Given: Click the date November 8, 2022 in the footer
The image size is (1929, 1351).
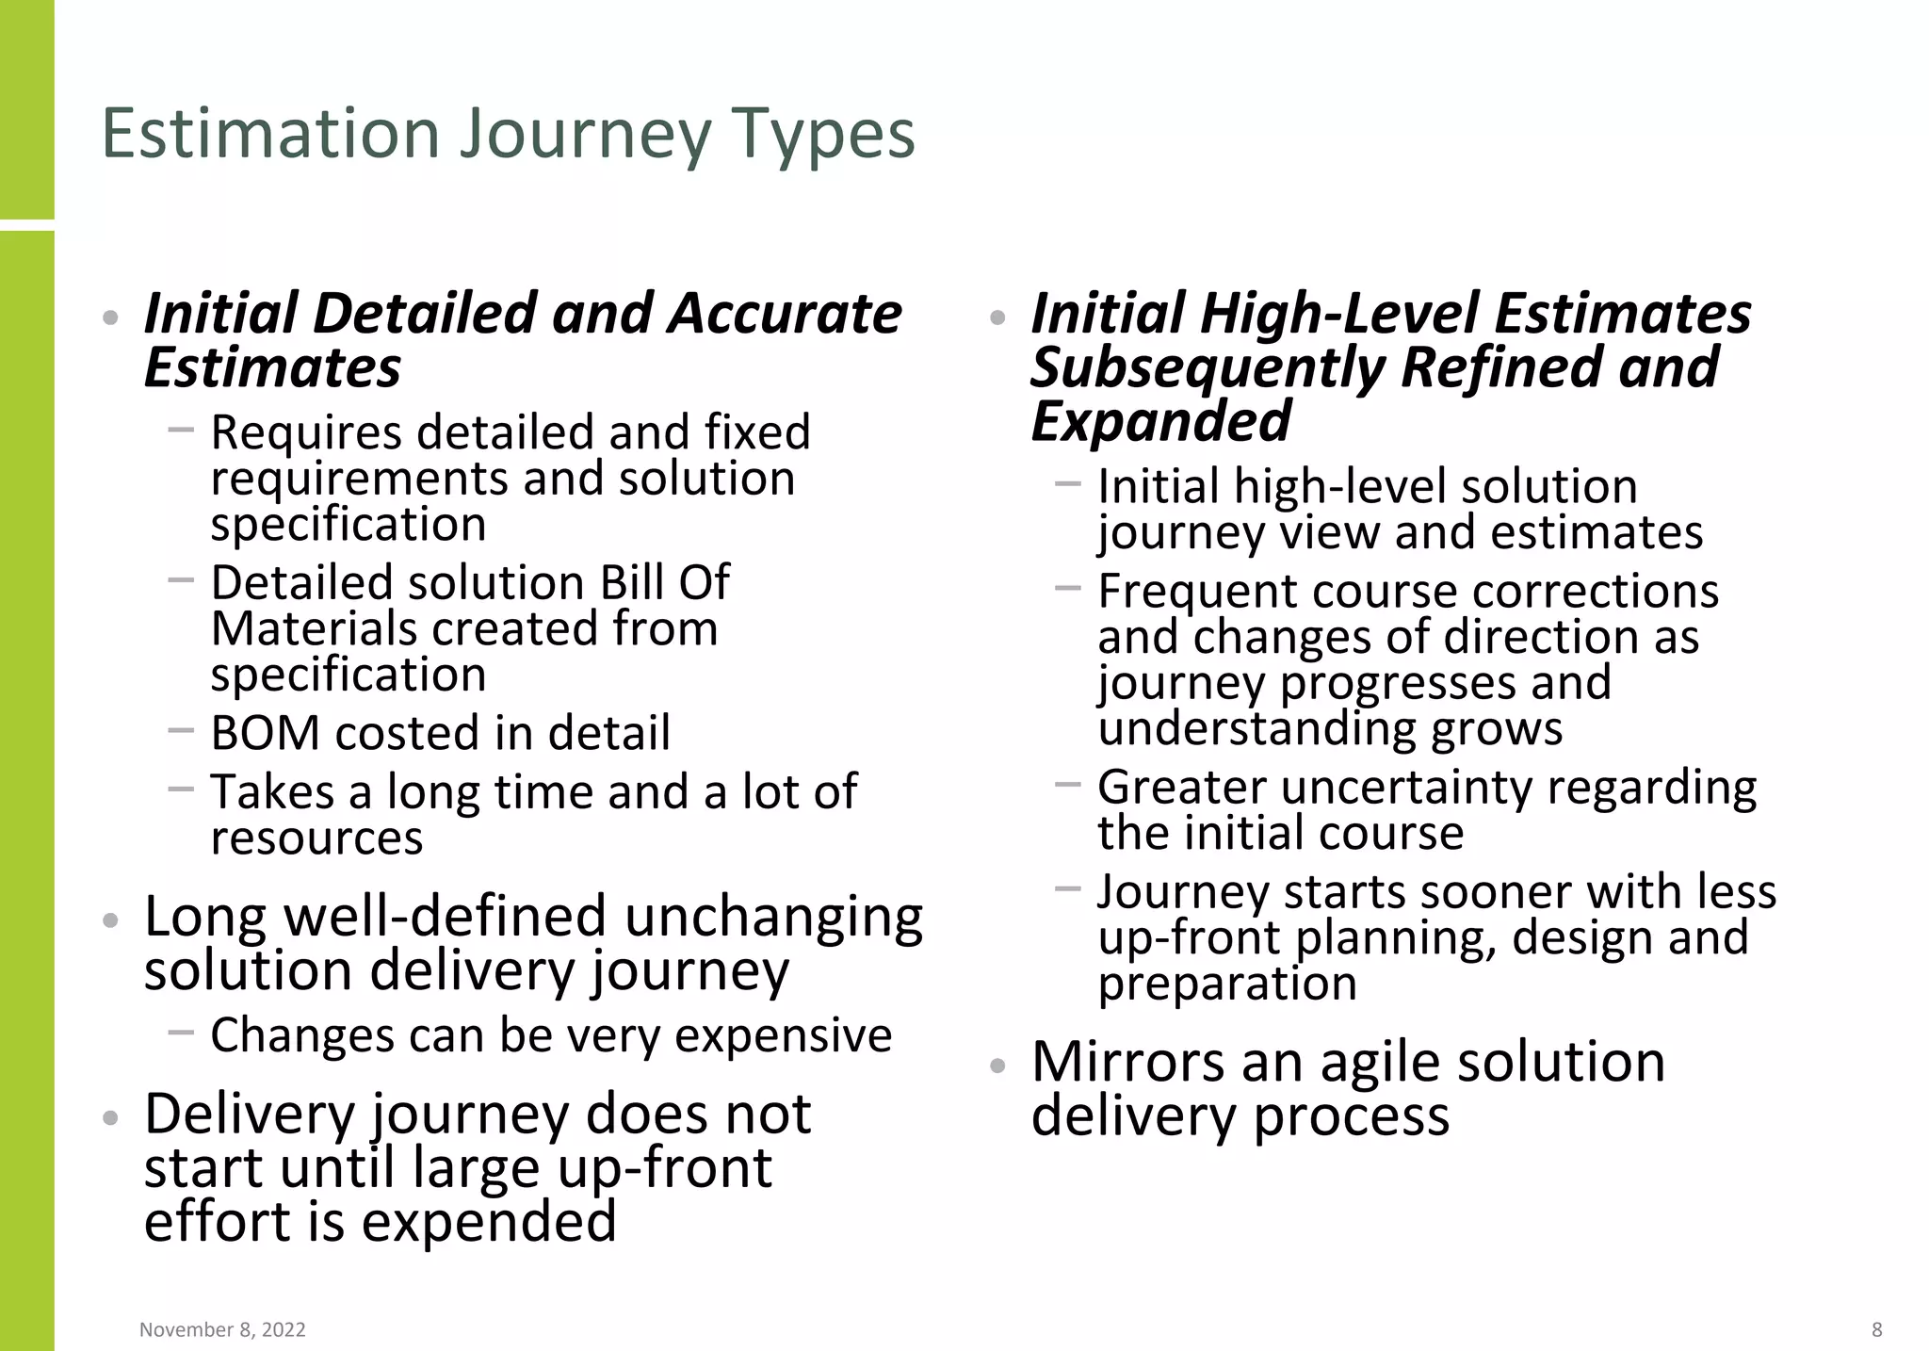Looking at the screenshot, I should click(222, 1329).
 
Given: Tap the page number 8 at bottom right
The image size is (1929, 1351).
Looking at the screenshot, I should click(1877, 1329).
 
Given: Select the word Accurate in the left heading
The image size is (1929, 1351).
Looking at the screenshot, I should click(785, 314).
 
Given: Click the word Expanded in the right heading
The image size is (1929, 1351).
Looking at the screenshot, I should click(1160, 421).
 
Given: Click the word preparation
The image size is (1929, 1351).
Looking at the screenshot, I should click(1227, 985).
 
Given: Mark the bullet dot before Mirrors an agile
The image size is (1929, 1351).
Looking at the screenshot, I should click(998, 1066).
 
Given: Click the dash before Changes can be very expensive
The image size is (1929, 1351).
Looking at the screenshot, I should click(181, 1033).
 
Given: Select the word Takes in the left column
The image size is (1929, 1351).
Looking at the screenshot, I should click(271, 791).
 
